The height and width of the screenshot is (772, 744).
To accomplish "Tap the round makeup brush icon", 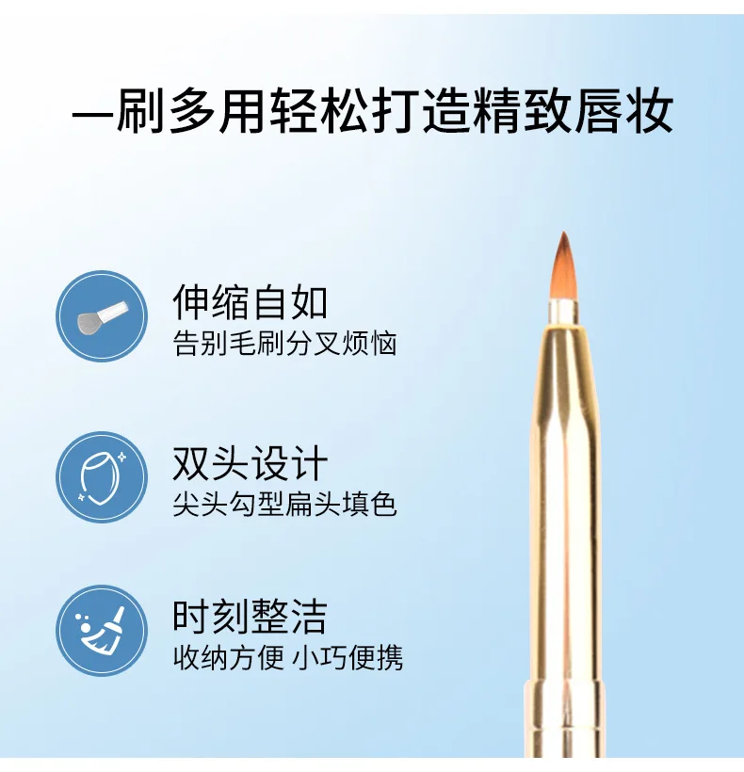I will [x=102, y=316].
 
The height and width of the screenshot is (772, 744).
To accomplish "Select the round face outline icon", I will [x=102, y=477].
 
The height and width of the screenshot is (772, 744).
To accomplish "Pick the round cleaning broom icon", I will [x=102, y=630].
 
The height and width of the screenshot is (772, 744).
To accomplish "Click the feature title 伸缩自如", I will [x=250, y=303].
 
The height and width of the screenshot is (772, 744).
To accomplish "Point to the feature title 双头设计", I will [x=250, y=464].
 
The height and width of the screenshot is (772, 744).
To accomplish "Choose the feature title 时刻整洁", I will [x=250, y=618].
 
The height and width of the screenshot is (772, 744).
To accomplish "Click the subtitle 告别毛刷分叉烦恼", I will [x=285, y=344].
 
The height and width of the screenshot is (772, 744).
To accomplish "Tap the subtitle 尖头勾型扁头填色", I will [x=285, y=505].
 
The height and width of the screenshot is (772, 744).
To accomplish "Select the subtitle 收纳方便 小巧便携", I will [x=288, y=657].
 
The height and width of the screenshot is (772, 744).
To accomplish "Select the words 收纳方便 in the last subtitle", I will [x=229, y=657].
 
